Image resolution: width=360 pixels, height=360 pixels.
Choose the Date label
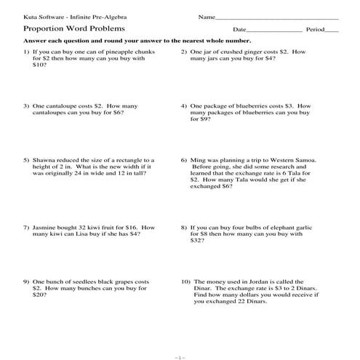click(x=239, y=30)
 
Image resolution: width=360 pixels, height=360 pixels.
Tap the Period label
click(x=314, y=30)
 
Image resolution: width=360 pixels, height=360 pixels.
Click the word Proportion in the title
click(x=41, y=30)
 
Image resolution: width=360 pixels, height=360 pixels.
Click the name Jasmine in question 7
click(x=46, y=228)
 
